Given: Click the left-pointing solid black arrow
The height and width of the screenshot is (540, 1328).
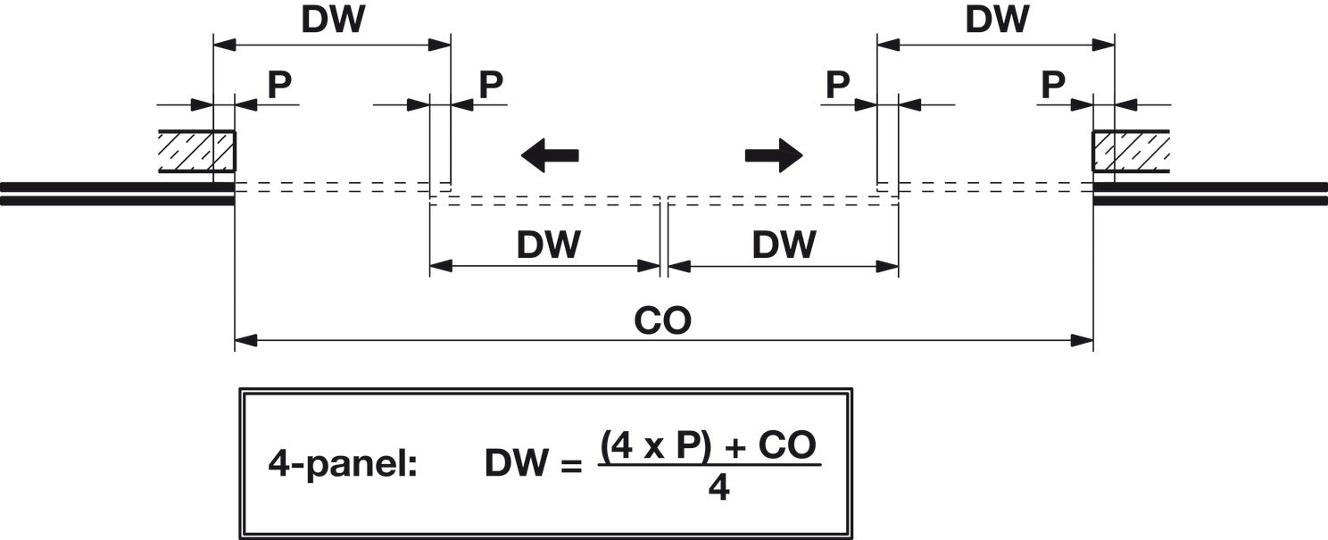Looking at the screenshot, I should tap(550, 155).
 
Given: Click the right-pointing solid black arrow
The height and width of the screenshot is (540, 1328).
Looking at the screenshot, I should tap(774, 155).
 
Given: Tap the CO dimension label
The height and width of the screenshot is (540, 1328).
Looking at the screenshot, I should tap(662, 321).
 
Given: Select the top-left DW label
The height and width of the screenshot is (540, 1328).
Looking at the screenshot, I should tap(333, 21).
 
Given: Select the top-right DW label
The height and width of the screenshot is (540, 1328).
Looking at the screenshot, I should tap(997, 21).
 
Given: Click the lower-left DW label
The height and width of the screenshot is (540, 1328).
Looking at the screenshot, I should tap(548, 245).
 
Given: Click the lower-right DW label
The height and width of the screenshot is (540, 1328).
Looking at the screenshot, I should tap(784, 245).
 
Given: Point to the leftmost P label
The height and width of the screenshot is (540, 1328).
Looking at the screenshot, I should tap(279, 85).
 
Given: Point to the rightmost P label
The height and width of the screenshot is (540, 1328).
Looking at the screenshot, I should tap(1053, 85).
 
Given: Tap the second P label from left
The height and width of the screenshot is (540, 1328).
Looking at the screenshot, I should tap(491, 85).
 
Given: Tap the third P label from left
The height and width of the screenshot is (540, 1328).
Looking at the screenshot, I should tap(837, 85).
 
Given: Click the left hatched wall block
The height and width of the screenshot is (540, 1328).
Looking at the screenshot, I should tap(197, 151).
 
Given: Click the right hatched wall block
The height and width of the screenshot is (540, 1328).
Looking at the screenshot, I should tap(1132, 151).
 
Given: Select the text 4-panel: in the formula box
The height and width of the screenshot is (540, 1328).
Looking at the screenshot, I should tap(343, 464).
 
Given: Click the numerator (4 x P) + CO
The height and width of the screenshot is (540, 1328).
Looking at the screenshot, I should tap(709, 445).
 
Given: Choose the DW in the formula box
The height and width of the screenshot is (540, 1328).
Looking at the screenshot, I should tap(515, 464).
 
